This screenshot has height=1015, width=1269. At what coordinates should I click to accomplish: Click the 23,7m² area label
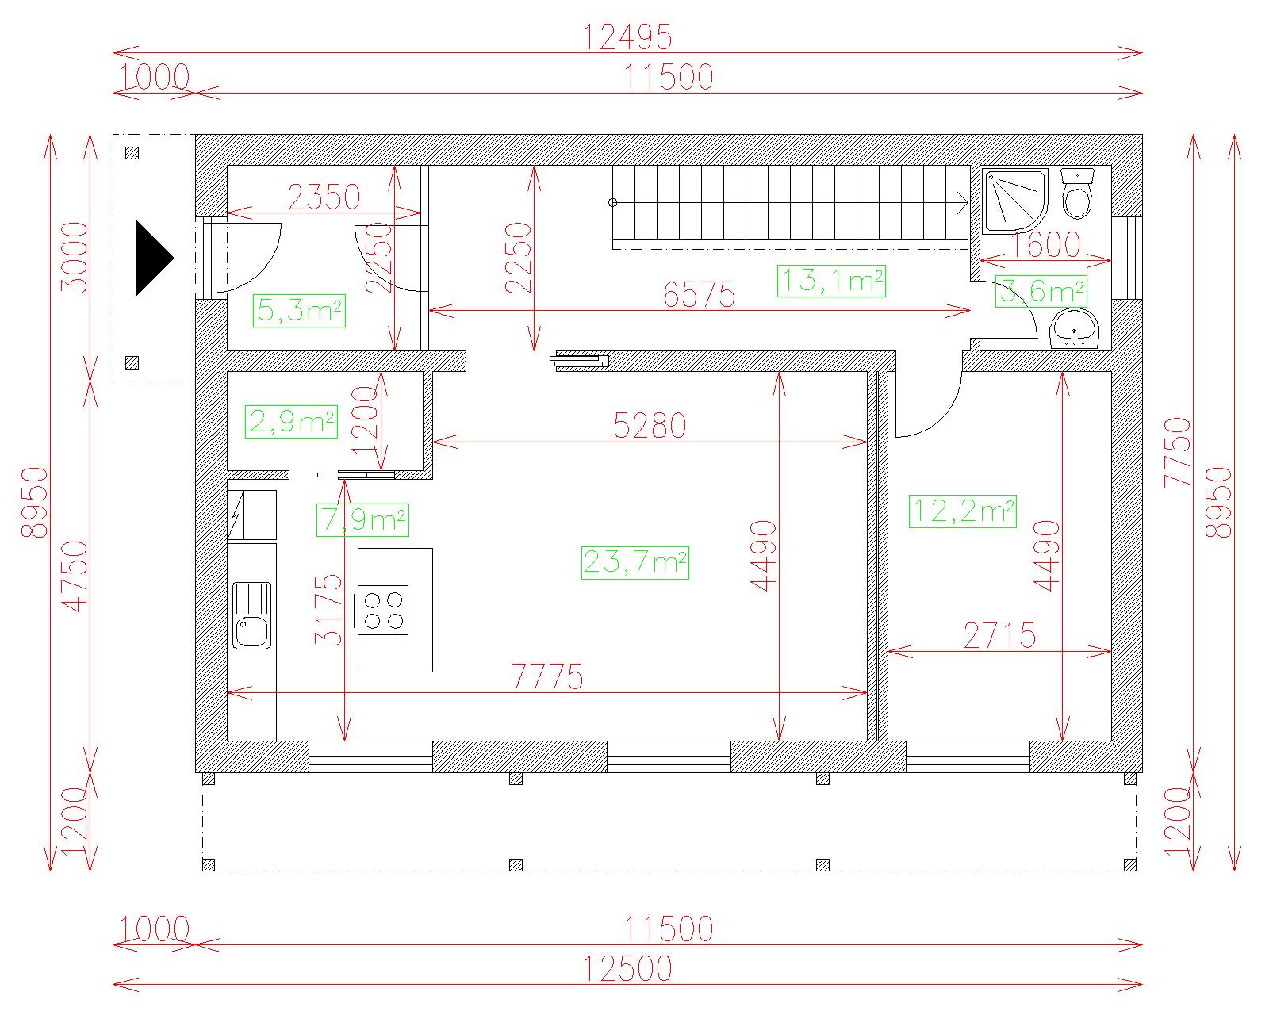click(635, 563)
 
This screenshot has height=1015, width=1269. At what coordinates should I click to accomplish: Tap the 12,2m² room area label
click(962, 511)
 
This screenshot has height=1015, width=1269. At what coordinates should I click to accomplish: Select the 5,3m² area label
click(299, 311)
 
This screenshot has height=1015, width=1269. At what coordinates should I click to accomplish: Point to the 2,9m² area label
click(291, 422)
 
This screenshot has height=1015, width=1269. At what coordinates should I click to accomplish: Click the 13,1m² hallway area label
click(831, 281)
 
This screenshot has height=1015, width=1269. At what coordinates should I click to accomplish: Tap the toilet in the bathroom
click(1077, 193)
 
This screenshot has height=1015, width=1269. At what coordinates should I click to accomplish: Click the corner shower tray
click(1014, 201)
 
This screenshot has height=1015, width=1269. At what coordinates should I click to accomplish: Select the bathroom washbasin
click(1074, 329)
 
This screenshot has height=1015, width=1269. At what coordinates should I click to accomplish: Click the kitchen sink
click(251, 615)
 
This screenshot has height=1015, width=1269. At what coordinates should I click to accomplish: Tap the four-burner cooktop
click(383, 611)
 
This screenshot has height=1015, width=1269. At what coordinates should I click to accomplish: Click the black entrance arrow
click(155, 258)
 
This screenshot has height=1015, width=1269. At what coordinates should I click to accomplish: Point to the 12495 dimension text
click(627, 38)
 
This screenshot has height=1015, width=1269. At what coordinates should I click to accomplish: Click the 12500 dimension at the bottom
click(627, 969)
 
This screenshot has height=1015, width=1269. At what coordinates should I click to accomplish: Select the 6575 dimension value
click(700, 295)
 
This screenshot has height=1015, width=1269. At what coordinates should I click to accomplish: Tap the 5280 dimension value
click(650, 426)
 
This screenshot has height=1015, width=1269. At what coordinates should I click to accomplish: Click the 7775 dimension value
click(547, 677)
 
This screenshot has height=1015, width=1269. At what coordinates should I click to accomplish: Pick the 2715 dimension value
click(1000, 636)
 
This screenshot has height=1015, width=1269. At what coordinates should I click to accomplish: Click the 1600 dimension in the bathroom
click(1045, 245)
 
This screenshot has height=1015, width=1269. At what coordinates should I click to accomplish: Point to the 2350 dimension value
click(324, 197)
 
